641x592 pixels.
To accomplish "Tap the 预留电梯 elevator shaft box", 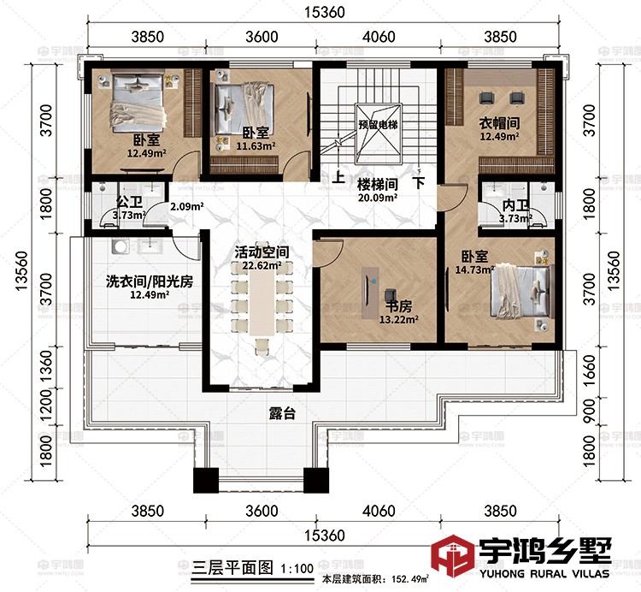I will tap(378, 125).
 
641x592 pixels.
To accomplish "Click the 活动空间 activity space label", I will tap(262, 253).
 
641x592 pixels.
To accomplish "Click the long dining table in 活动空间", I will tap(263, 305).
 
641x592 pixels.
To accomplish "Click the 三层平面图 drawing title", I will tap(220, 566).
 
